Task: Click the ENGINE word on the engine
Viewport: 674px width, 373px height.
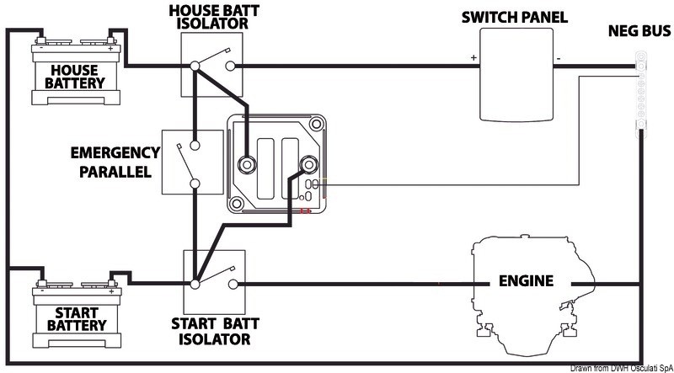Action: (525, 280)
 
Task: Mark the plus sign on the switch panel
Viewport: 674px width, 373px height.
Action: (473, 58)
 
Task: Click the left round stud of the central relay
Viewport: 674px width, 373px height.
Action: (248, 163)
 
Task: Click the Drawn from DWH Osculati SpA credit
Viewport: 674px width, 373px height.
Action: (620, 367)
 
